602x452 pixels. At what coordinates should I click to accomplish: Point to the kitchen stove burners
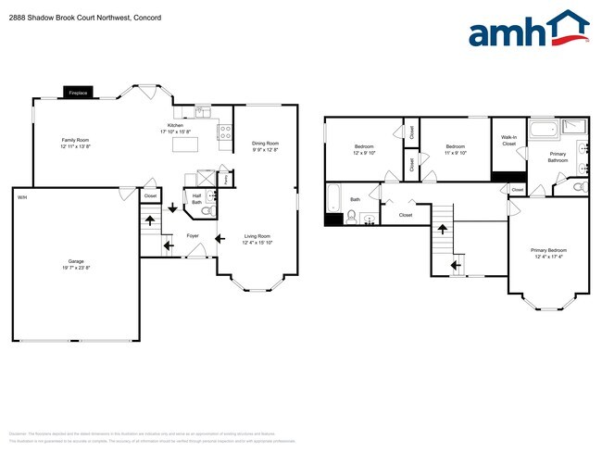coord(224,132)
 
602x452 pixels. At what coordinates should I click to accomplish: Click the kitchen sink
coord(204,114)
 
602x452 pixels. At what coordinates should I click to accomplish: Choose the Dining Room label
coord(265,144)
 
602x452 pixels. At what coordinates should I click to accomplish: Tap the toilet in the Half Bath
coord(207,210)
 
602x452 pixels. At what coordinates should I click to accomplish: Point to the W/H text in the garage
coord(20,196)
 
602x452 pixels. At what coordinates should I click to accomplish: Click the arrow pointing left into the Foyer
coord(219,239)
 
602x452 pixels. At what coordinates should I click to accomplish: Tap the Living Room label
coord(257,236)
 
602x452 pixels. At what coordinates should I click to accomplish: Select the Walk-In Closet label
coord(508,141)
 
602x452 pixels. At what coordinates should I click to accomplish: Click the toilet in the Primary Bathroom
coord(579,187)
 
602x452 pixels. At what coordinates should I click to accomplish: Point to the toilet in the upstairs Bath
coord(352,217)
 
